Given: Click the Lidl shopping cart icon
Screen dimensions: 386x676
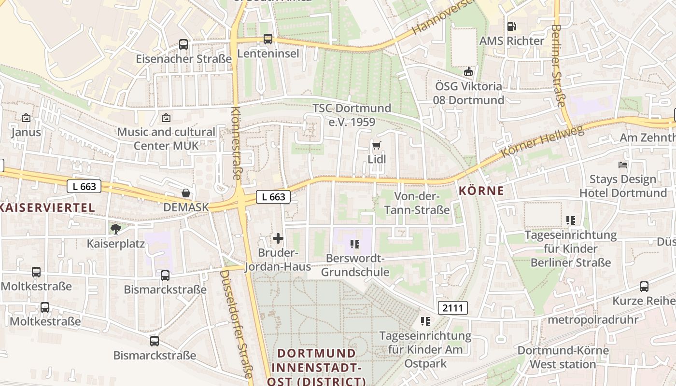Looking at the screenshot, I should tap(377, 145).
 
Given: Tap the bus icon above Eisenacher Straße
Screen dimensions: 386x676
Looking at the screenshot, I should tap(183, 44).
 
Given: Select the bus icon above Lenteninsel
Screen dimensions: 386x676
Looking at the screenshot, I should tap(268, 39).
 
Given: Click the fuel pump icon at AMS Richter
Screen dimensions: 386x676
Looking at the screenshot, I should tap(511, 27).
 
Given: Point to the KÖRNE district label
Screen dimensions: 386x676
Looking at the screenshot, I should tap(481, 191).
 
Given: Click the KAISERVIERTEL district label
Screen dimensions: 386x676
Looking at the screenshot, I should tap(47, 208).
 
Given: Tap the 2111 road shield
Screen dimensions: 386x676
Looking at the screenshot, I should tap(453, 308).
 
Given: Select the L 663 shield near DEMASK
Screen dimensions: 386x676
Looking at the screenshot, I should tap(273, 196).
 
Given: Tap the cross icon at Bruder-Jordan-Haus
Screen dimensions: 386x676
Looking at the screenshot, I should tap(278, 238).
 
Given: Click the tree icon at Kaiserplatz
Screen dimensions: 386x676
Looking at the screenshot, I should tap(115, 229).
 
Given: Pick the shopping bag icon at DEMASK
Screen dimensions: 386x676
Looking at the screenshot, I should tap(186, 193).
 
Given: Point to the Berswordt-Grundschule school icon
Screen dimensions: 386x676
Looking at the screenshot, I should tap(355, 244).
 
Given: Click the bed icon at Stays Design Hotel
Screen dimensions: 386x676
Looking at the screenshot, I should tap(623, 165).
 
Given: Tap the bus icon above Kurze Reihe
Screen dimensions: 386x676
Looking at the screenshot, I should tap(644, 287).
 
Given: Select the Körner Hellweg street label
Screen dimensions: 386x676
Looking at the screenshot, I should tap(543, 142).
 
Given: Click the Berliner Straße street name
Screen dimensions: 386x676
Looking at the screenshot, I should tap(558, 66).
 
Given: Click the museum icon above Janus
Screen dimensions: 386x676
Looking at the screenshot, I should tap(26, 117).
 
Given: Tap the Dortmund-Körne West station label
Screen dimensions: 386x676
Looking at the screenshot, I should tap(563, 357).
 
